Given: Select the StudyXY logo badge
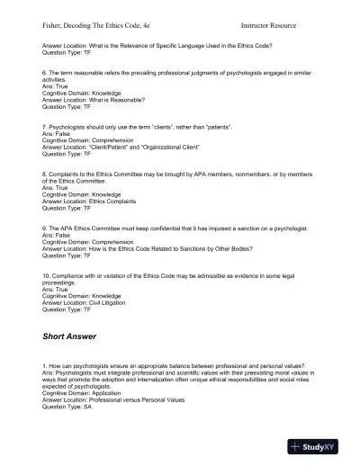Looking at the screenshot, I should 319,445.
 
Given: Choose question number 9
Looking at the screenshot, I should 45,229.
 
